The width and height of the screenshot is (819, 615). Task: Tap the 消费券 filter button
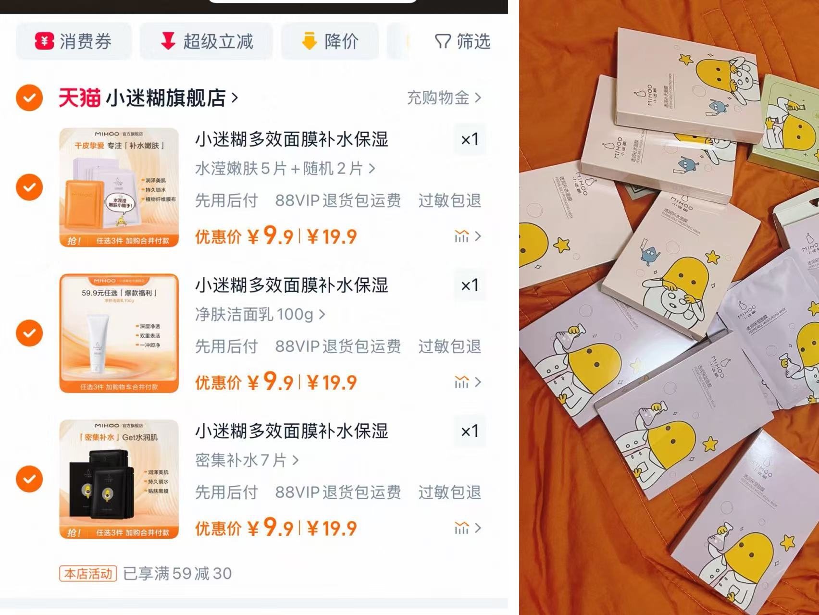[74, 41]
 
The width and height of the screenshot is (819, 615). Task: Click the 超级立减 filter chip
[206, 41]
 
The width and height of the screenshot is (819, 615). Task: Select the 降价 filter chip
[330, 41]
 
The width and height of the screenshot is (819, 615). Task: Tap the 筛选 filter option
[462, 41]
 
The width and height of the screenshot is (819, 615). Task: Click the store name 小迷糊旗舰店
[166, 98]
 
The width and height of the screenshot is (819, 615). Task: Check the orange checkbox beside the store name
[29, 98]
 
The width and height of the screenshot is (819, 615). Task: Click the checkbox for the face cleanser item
[29, 333]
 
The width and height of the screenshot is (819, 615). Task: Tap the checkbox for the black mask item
[29, 479]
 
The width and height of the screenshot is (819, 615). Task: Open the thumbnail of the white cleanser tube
[119, 333]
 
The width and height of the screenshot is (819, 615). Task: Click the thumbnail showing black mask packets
[119, 479]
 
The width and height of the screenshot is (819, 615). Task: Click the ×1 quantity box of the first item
[470, 139]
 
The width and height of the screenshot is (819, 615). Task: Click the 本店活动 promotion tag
[88, 574]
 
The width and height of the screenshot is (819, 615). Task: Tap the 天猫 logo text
[79, 98]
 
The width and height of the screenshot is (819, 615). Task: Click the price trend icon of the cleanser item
[462, 382]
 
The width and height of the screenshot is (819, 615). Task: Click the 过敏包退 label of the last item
[449, 492]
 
